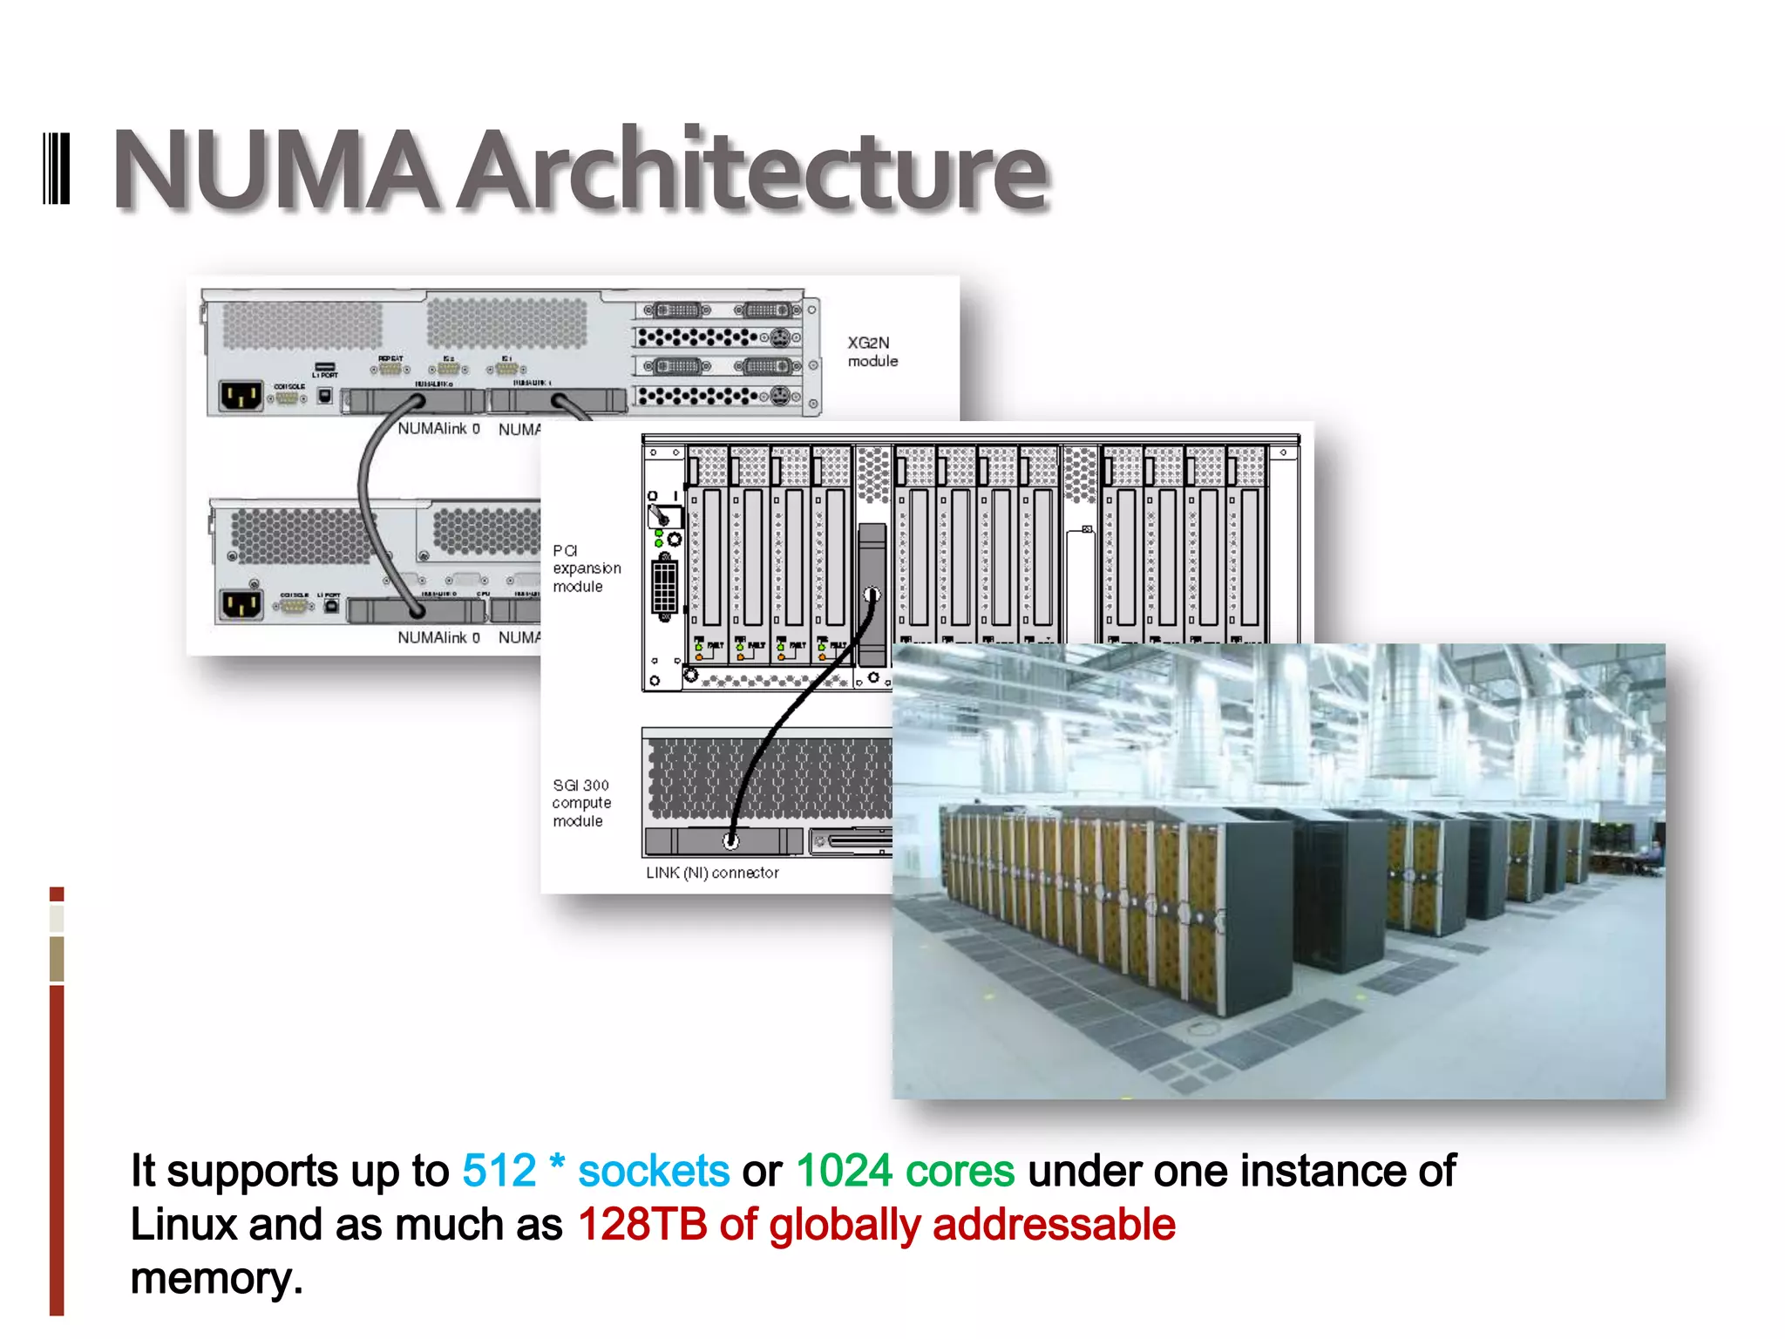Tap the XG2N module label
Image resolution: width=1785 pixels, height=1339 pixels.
[x=872, y=352]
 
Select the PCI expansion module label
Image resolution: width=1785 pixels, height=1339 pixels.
[x=586, y=568]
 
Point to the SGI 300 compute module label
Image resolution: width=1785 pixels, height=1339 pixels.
[x=581, y=803]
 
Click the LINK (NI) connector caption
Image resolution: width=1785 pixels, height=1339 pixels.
[x=712, y=873]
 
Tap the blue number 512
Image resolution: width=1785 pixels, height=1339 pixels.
[x=499, y=1171]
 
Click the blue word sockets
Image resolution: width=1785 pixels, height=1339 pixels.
[x=654, y=1171]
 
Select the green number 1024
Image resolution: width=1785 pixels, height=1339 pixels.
[x=844, y=1171]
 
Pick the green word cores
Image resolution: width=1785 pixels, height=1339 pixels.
[x=960, y=1171]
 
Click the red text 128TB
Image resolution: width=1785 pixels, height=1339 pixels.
[x=641, y=1225]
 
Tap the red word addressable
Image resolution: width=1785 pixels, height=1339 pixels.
[x=1054, y=1225]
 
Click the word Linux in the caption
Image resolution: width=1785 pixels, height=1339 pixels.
[x=183, y=1225]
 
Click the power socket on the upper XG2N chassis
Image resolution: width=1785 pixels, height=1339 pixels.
[x=241, y=398]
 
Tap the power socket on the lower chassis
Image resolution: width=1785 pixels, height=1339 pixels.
[x=241, y=604]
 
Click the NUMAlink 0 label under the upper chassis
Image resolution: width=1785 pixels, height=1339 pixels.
[x=438, y=429]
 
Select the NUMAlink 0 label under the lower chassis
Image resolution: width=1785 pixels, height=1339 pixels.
[x=438, y=638]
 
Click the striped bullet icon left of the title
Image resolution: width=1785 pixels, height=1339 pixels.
[x=57, y=169]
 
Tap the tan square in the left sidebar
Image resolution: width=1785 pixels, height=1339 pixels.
[x=57, y=959]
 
